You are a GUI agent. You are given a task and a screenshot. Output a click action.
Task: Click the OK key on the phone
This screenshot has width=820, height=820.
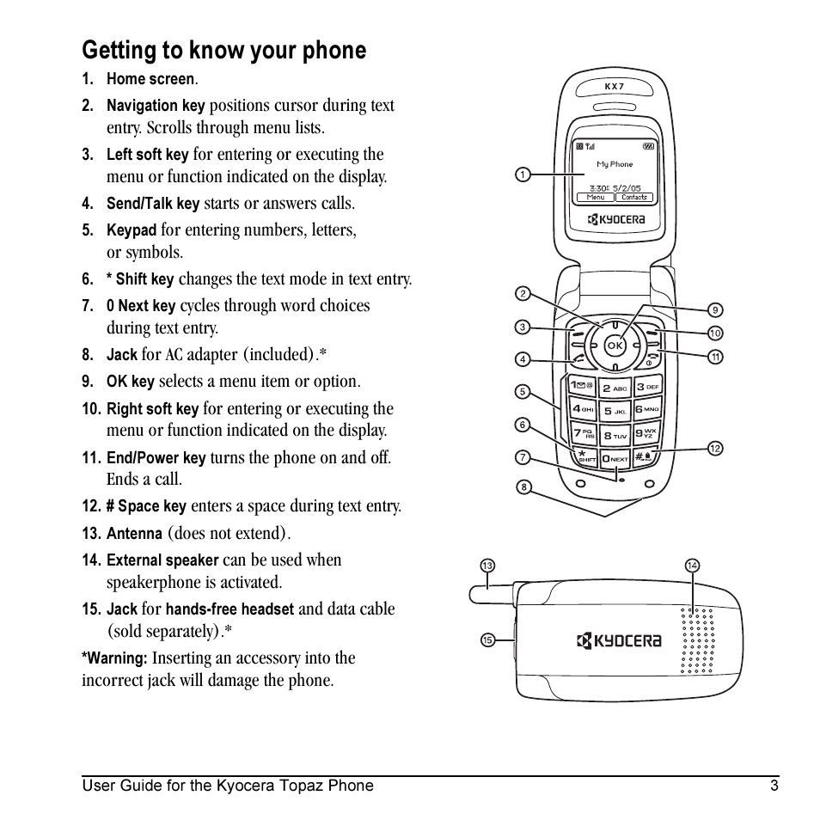pos(615,345)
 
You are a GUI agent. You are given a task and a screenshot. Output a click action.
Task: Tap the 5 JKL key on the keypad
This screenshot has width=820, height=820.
pos(615,411)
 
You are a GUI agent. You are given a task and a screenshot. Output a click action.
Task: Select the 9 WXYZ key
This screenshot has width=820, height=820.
pos(647,434)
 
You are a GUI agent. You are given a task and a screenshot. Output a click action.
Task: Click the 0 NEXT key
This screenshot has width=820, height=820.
pos(615,458)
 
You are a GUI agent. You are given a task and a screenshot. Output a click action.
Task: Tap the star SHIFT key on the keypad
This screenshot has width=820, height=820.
pos(585,456)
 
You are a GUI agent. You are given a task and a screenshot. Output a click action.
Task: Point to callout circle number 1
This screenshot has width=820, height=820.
pos(522,175)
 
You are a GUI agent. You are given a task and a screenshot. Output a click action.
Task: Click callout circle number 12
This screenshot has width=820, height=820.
pos(715,448)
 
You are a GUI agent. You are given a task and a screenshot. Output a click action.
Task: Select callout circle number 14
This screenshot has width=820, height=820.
pos(692,566)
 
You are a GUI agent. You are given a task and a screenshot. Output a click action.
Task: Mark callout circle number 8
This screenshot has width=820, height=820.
pos(523,487)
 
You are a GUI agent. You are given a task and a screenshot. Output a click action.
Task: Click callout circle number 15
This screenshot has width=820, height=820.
pos(487,639)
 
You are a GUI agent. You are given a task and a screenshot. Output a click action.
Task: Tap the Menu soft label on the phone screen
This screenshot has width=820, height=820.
pos(595,198)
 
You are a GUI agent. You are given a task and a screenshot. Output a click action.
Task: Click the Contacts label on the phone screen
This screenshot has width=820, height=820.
pos(634,198)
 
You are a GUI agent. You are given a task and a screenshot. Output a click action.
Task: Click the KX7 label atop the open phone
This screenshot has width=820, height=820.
pos(614,86)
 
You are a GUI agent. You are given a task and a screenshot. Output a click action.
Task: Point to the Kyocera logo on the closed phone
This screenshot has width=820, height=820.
pos(619,640)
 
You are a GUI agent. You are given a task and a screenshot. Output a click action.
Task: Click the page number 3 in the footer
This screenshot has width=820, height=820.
pos(774,786)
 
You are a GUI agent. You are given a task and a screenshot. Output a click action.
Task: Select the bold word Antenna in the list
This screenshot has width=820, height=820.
pos(134,534)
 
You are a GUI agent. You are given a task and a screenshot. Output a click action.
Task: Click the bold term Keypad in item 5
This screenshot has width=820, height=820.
pos(132,230)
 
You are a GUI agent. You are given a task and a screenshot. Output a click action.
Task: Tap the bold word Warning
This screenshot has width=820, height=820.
pos(114,658)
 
